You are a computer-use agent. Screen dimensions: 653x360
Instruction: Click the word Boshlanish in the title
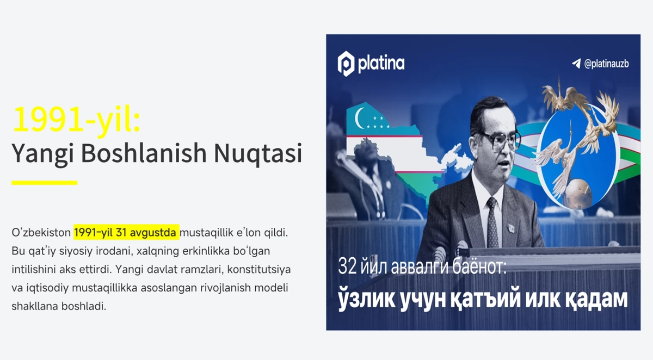coord(144,153)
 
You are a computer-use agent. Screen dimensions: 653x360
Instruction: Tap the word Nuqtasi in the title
coord(258,153)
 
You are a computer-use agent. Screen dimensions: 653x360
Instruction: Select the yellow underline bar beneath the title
coord(44,183)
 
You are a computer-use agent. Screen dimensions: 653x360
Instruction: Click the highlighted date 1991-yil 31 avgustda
coord(126,232)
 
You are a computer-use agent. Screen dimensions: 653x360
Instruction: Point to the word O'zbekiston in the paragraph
coord(41,232)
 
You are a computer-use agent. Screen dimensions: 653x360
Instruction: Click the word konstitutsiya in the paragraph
coord(259,269)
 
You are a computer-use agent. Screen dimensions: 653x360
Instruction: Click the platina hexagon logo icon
coord(346,64)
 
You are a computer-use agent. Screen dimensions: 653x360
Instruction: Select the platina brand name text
coord(381,64)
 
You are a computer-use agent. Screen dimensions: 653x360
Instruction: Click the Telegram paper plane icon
coord(576,64)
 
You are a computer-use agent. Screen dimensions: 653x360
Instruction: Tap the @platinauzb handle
coord(606,64)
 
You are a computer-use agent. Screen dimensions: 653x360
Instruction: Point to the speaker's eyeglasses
coord(500,140)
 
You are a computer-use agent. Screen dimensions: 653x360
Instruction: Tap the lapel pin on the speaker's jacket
coord(511,227)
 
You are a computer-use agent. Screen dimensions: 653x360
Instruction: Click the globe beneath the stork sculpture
coord(577,193)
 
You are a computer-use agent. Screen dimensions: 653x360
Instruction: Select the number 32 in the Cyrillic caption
coord(348,266)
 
